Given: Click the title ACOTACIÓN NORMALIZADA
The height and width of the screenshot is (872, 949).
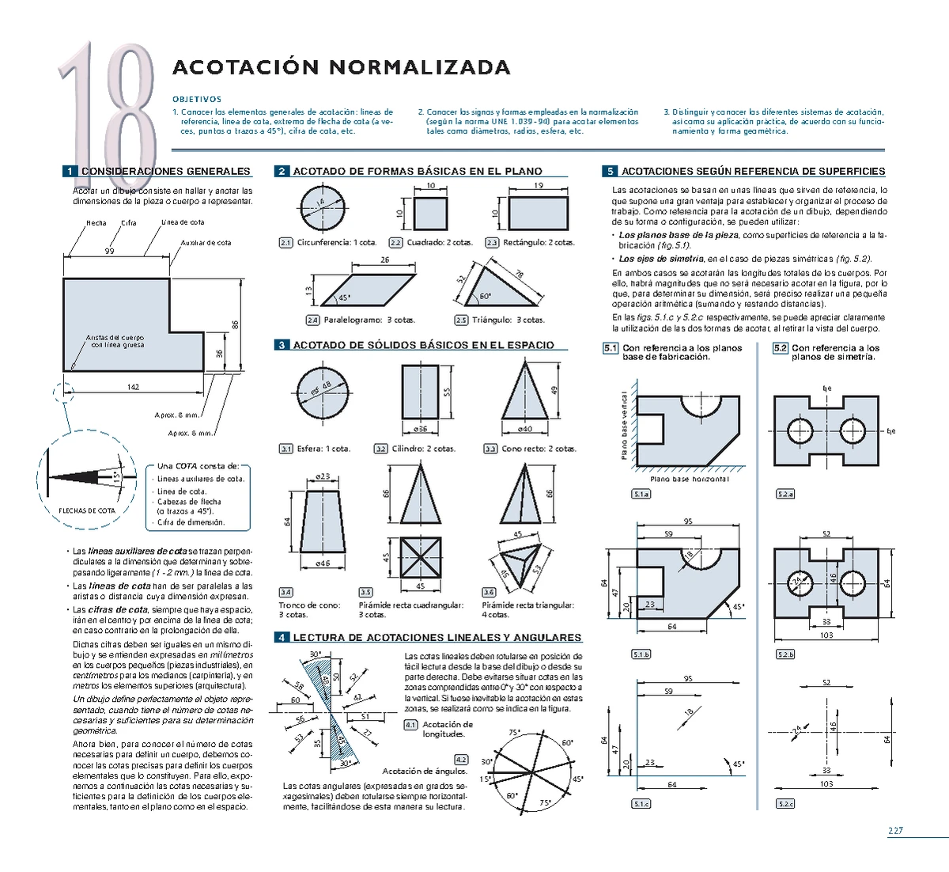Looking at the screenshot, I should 341,67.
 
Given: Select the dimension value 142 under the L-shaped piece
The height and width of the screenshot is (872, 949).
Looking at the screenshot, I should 133,387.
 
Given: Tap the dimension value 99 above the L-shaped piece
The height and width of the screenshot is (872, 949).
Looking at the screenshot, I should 110,251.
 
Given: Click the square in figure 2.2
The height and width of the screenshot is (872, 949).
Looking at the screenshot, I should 431,214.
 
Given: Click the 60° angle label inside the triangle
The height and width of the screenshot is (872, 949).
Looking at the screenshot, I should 485,297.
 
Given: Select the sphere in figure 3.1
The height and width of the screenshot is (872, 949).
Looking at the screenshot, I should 323,392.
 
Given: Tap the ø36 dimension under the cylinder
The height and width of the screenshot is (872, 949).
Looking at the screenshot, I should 421,429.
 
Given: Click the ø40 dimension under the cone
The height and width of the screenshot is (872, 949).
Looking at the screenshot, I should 525,429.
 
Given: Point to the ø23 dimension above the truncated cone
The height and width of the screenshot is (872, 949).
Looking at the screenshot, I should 323,476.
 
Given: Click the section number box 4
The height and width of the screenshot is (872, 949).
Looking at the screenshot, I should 282,638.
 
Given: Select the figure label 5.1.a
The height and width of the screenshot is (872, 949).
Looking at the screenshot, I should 641,495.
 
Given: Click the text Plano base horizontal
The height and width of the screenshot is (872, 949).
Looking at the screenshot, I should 689,480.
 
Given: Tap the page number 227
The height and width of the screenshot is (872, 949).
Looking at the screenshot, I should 894,831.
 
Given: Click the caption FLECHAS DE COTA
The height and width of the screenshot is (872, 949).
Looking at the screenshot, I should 87,510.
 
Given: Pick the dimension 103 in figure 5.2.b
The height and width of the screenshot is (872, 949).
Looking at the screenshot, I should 826,635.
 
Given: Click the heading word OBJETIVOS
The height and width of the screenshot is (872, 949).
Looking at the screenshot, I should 197,100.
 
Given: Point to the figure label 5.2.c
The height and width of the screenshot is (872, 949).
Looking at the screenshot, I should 785,804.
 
